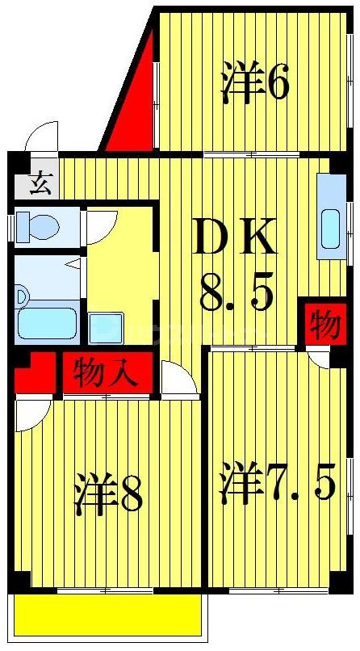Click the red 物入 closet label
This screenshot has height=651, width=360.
point(103,373)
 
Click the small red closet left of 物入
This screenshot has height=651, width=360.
point(33,373)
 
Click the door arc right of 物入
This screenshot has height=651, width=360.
point(178,379)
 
